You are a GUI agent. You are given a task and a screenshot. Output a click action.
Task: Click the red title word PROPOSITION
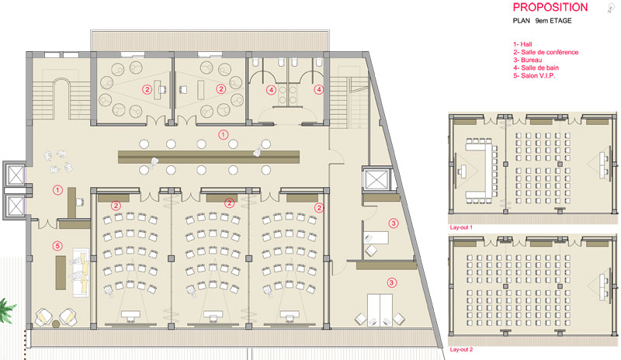click(550, 7)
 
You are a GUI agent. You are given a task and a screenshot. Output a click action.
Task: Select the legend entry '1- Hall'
click(522, 44)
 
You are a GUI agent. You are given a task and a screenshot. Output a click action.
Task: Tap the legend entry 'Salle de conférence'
click(550, 52)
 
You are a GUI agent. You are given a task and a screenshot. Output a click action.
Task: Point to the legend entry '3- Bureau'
click(528, 60)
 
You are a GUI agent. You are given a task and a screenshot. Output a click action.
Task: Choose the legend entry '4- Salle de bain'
click(536, 67)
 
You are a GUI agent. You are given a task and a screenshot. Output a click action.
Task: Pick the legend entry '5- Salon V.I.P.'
click(534, 75)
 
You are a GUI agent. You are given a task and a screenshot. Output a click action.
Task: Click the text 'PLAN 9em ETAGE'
click(542, 21)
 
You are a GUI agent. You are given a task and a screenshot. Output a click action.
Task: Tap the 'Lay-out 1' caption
click(461, 227)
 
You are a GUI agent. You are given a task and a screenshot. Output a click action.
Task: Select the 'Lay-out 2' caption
click(461, 349)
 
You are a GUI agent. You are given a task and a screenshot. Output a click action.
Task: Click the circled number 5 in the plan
click(57, 247)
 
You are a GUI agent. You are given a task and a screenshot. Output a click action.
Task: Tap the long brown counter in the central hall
click(209, 157)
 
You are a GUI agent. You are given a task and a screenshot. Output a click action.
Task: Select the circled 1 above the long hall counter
click(223, 135)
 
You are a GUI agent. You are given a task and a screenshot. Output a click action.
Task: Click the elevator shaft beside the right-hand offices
click(376, 179)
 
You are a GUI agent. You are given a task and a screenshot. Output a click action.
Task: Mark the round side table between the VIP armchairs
click(56, 324)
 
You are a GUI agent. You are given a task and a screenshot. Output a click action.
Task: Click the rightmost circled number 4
click(319, 90)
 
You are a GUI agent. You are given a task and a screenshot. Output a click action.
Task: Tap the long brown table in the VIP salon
click(61, 272)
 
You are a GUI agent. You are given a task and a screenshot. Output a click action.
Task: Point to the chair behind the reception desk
click(80, 202)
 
